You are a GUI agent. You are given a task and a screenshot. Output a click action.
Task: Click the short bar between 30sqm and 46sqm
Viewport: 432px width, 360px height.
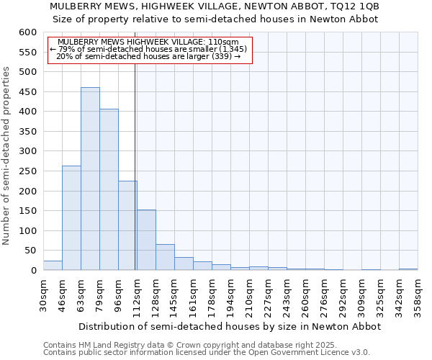click(x=53, y=266)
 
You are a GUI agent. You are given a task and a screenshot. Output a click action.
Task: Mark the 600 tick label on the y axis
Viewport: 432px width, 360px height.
click(x=27, y=32)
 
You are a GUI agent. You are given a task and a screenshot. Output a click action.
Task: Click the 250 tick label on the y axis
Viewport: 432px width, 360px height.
click(x=27, y=171)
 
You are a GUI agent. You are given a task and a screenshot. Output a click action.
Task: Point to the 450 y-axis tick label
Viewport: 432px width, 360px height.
click(x=27, y=92)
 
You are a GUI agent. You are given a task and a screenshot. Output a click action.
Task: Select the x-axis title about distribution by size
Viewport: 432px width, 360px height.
click(x=229, y=326)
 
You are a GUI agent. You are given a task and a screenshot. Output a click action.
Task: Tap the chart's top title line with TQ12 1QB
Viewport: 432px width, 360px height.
click(x=214, y=6)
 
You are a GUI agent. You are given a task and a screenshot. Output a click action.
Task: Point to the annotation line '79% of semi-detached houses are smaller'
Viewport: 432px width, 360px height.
click(x=149, y=49)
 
